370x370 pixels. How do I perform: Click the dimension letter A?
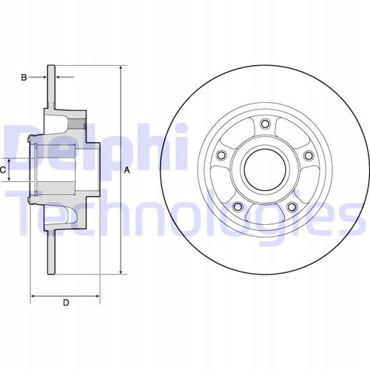[127, 170]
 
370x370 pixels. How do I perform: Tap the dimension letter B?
[24, 78]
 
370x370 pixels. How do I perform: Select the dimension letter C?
[2, 170]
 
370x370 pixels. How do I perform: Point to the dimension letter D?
[66, 303]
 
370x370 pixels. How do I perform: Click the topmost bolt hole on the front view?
[266, 124]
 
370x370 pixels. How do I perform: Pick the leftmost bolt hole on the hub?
[221, 155]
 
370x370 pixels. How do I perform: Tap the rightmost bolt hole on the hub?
[309, 155]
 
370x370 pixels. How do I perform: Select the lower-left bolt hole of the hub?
[238, 206]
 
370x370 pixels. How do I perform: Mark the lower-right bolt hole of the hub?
[292, 206]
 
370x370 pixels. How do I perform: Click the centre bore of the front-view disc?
[265, 169]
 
